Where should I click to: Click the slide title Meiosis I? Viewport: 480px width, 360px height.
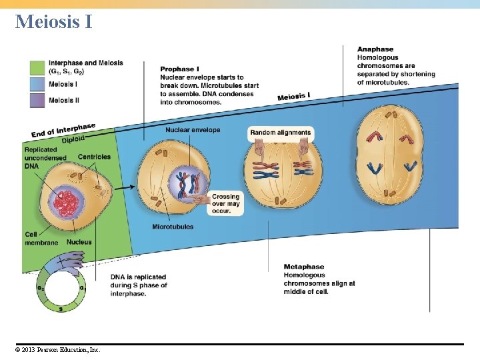point(54,21)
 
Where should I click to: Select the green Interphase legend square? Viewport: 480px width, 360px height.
point(37,68)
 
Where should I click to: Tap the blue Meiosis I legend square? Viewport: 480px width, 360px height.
point(37,85)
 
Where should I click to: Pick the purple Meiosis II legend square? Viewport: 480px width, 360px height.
point(37,101)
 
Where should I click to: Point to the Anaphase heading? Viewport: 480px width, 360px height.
point(375,49)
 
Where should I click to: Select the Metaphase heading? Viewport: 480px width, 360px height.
point(304,267)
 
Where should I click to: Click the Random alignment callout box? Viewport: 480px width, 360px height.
point(281,133)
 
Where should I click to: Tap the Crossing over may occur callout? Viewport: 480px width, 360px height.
point(225,203)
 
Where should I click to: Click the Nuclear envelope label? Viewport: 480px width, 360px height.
point(193,130)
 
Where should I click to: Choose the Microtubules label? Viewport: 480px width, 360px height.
point(173,227)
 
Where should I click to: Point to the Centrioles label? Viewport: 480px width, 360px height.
point(94,157)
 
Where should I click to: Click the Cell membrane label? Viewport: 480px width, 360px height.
point(41,239)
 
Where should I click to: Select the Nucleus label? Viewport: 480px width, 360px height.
point(79,242)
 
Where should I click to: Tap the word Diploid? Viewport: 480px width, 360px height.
point(73,139)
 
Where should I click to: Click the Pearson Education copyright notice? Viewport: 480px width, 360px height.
point(57,349)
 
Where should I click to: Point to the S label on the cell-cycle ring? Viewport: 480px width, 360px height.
point(61,309)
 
